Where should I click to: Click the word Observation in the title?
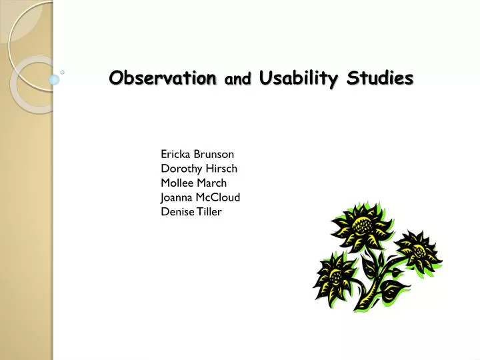[163, 79]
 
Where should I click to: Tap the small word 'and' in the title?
[238, 80]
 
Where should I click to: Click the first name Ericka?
[175, 154]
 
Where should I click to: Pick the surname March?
[212, 183]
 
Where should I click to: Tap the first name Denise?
[176, 212]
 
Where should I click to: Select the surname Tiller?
[209, 212]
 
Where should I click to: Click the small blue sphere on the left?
[54, 79]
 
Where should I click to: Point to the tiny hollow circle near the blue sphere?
[62, 71]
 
